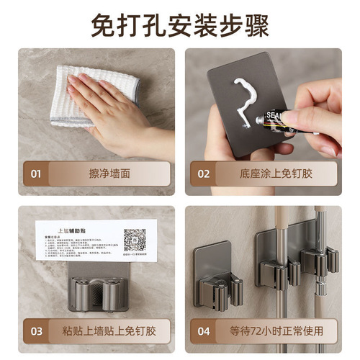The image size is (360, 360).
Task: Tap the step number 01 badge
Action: point(34,174)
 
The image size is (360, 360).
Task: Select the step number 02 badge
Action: point(204,174)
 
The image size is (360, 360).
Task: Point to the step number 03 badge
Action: point(34,331)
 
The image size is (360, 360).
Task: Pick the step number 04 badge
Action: point(204,331)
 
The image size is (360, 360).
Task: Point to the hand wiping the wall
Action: point(115,108)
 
